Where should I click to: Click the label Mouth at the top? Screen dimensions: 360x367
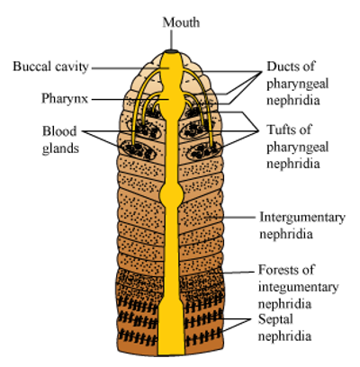tap(181, 22)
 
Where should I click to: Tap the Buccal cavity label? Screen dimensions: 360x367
tap(50, 67)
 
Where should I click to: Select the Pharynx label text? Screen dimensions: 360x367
tap(65, 99)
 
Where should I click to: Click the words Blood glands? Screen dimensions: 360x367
tap(60, 139)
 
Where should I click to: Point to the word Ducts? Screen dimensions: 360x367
tap(281, 66)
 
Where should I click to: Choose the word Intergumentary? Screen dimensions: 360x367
tap(302, 218)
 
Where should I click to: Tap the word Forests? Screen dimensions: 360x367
tap(277, 270)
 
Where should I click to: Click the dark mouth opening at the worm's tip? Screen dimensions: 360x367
tap(171, 51)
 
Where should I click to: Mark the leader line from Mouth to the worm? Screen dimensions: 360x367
tap(172, 40)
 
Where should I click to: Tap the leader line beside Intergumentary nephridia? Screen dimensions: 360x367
tap(233, 218)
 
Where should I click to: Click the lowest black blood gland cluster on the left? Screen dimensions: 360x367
tap(139, 150)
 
